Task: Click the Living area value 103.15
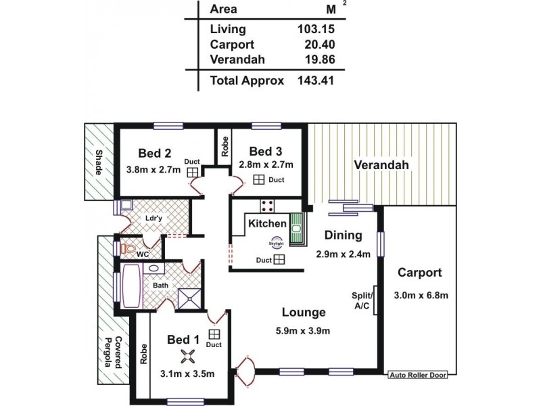[x=315, y=29]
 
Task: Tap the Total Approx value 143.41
[x=315, y=81]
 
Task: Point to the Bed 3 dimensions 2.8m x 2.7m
[x=266, y=164]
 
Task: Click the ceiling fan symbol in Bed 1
[x=187, y=356]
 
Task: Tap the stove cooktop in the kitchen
[x=266, y=207]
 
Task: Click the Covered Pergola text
[x=112, y=353]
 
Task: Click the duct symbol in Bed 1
[x=214, y=334]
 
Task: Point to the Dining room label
[x=344, y=236]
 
